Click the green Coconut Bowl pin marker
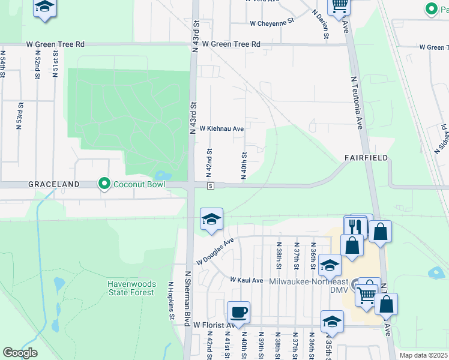point(105,184)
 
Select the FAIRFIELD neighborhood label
point(366,158)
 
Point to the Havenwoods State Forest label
point(132,288)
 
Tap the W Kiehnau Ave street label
point(221,128)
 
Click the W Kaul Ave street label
point(247,280)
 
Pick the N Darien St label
point(320,24)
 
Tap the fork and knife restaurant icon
point(355,227)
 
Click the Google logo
point(20,353)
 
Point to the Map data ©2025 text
point(423,356)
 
